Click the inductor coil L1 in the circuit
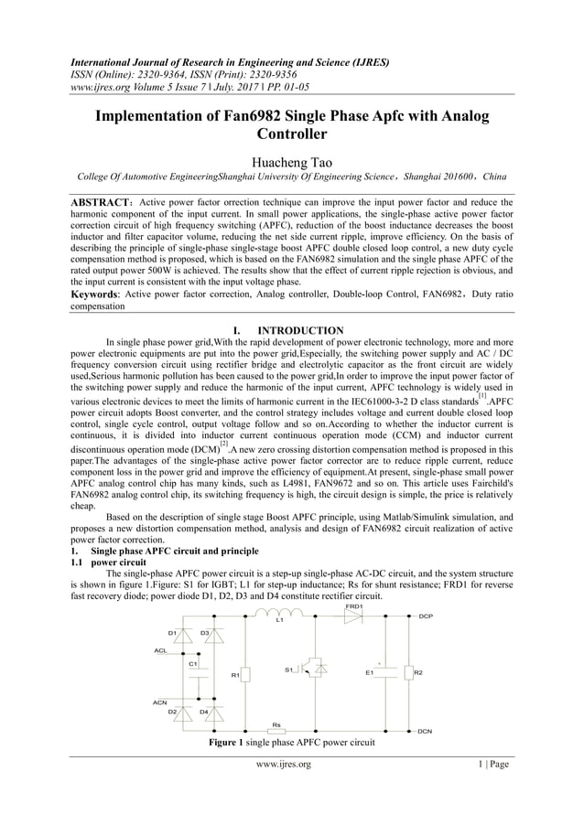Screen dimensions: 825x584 281,613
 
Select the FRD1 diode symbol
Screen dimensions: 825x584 354,616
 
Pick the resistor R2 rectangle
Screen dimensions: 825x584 407,673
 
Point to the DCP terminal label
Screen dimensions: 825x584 425,616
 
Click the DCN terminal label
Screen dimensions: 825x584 425,732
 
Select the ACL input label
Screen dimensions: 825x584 160,650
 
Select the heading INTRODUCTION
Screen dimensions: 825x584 302,330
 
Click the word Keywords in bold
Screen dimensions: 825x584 97,294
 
